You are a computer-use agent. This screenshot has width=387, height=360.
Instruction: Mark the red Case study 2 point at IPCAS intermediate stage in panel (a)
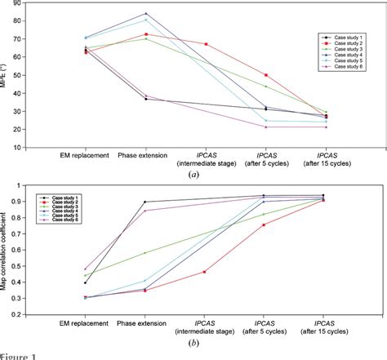click(x=206, y=44)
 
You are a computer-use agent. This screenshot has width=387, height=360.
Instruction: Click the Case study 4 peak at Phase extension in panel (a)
click(x=146, y=13)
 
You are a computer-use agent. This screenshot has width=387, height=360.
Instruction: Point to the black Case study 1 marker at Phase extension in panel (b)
click(x=146, y=202)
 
